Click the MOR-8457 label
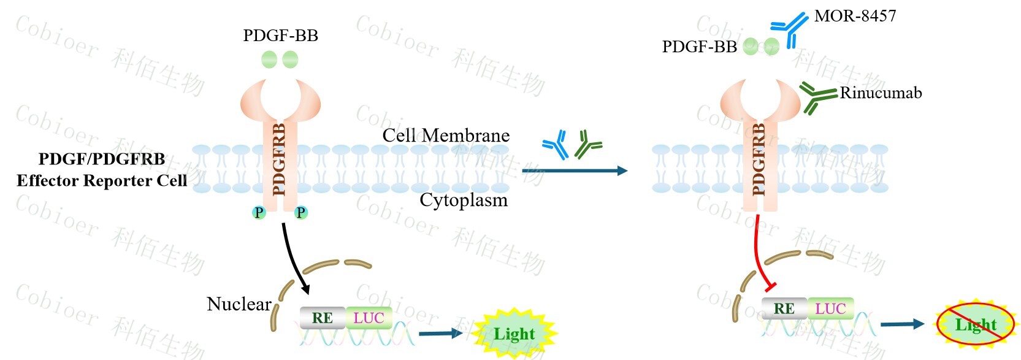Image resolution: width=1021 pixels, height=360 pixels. (855, 16)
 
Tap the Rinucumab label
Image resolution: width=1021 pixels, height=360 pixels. (881, 93)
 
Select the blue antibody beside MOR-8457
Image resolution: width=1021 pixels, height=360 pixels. (790, 28)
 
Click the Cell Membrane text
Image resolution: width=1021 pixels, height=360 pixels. (446, 136)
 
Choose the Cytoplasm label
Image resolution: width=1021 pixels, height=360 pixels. (464, 200)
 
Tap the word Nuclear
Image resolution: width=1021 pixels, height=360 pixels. (239, 304)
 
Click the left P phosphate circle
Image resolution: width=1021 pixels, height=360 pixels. (259, 213)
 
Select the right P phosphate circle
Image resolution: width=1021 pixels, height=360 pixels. (300, 213)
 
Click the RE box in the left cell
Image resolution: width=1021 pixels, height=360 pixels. (323, 318)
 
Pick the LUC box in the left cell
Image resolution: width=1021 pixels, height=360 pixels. (369, 318)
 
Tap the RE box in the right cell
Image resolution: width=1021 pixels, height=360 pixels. (784, 308)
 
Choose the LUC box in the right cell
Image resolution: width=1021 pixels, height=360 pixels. (830, 308)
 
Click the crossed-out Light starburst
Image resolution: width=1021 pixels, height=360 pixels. (975, 324)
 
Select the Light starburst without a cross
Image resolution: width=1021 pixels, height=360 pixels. (514, 334)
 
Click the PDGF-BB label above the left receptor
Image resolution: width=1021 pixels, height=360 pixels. (280, 36)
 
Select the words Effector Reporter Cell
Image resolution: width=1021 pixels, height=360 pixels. (102, 180)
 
